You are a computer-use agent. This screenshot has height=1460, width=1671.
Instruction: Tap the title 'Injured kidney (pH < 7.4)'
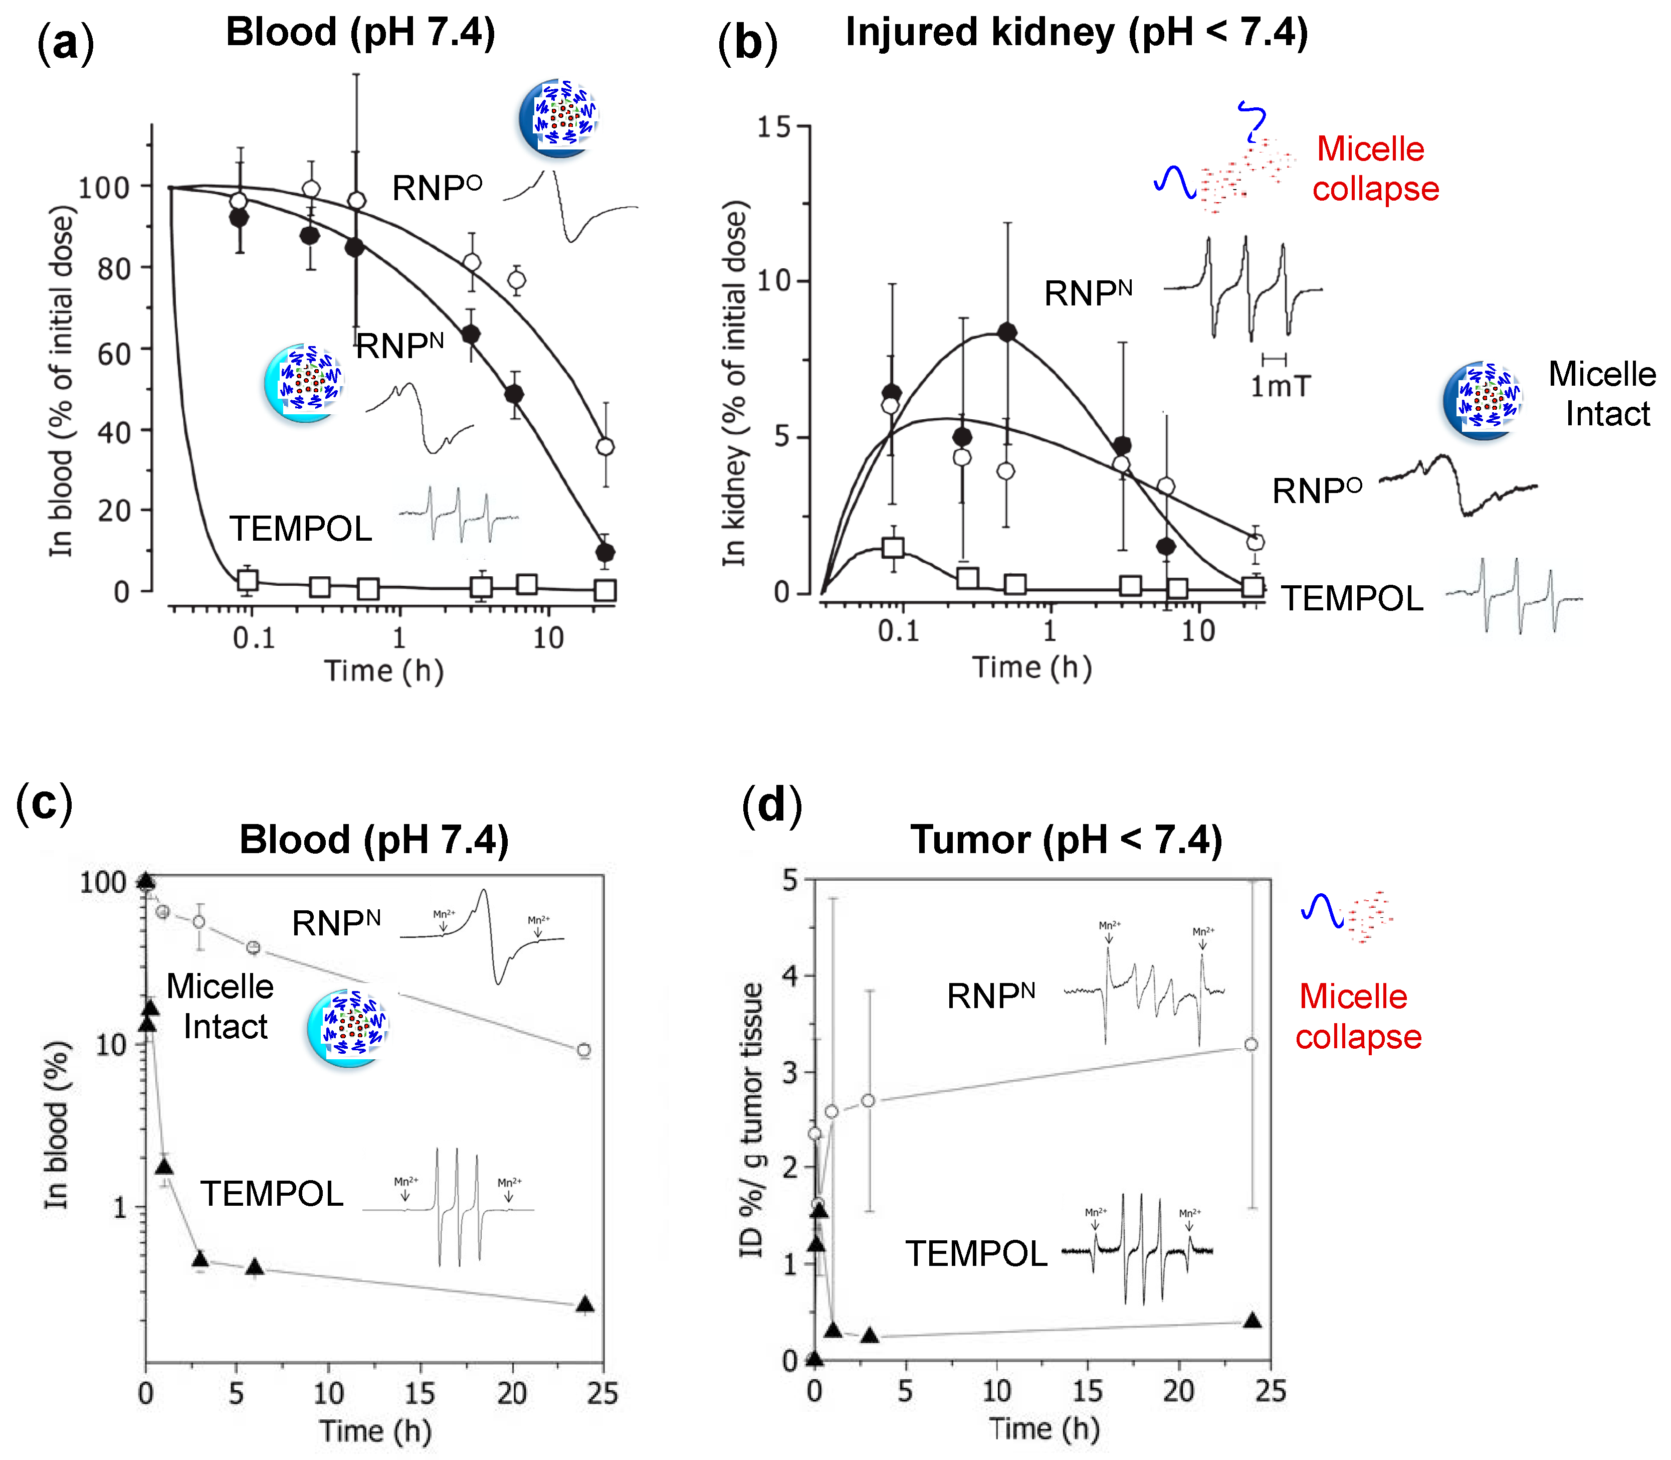1077,33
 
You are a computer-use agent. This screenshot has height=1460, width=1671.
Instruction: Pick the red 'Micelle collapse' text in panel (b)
1375,169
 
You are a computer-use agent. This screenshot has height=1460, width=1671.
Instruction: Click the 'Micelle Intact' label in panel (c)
221,1006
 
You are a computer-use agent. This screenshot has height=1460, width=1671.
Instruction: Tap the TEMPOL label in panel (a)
301,529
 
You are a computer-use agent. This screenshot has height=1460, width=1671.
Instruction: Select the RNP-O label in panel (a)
437,188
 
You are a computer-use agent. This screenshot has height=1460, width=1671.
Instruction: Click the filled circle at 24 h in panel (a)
605,552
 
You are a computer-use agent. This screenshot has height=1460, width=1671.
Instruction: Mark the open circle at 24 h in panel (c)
583,1050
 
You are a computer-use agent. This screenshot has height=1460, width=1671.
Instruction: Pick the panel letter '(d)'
772,805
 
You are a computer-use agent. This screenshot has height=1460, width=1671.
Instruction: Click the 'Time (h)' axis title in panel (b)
1032,668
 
